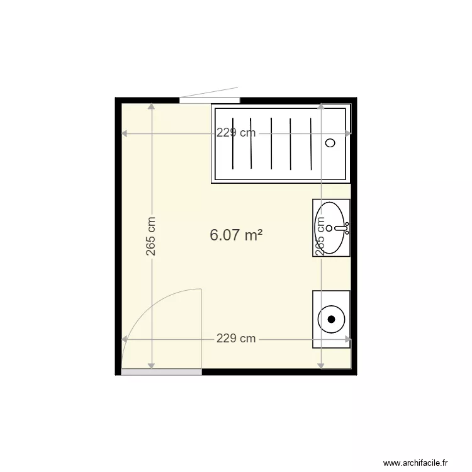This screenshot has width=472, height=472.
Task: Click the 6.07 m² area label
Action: tap(235, 235)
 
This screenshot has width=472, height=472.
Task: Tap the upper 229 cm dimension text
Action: tap(236, 133)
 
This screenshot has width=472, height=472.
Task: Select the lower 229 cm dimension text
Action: tap(236, 339)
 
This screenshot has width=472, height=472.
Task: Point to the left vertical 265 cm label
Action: tap(151, 236)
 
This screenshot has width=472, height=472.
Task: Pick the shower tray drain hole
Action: tap(330, 143)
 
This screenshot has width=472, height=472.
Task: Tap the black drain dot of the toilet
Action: tap(332, 319)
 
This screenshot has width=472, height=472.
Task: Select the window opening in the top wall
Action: tap(210, 100)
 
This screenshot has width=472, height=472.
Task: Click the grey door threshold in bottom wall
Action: tap(162, 372)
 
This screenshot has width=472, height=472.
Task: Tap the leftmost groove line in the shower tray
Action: tap(233, 143)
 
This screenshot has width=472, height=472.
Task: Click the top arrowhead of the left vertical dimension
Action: tap(151, 106)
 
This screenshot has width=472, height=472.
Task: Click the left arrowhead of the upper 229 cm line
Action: tap(125, 133)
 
